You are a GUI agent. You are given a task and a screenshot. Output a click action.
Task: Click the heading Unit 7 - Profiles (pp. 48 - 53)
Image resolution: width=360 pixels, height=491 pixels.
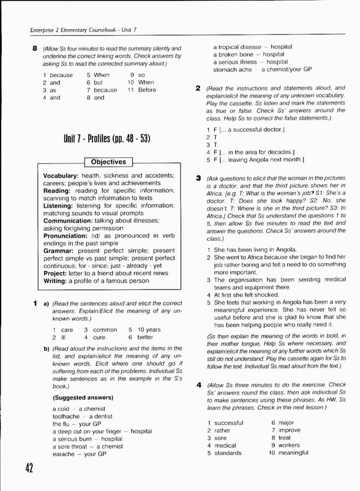pos(109,139)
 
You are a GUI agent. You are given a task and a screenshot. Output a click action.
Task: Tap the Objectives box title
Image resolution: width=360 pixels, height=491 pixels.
pos(108,162)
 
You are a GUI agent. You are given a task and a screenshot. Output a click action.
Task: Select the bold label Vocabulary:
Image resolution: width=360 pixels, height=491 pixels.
pos(61,176)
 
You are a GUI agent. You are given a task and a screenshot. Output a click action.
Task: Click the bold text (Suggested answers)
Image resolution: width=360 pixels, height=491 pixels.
pos(82,397)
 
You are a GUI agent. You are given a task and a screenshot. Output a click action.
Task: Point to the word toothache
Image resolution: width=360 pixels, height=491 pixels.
pos(66,417)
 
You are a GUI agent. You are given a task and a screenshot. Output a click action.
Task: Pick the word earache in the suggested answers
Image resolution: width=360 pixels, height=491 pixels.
pos(63,454)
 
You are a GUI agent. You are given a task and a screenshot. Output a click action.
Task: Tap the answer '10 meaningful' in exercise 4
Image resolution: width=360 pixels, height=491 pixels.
pos(288,453)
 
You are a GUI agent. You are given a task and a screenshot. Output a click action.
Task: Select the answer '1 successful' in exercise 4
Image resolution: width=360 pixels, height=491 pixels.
pos(225,423)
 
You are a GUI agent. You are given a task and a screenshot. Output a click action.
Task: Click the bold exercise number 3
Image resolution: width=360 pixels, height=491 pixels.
pos(198,178)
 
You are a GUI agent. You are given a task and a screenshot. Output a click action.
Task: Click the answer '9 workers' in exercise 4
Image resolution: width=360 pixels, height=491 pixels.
pos(286,445)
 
